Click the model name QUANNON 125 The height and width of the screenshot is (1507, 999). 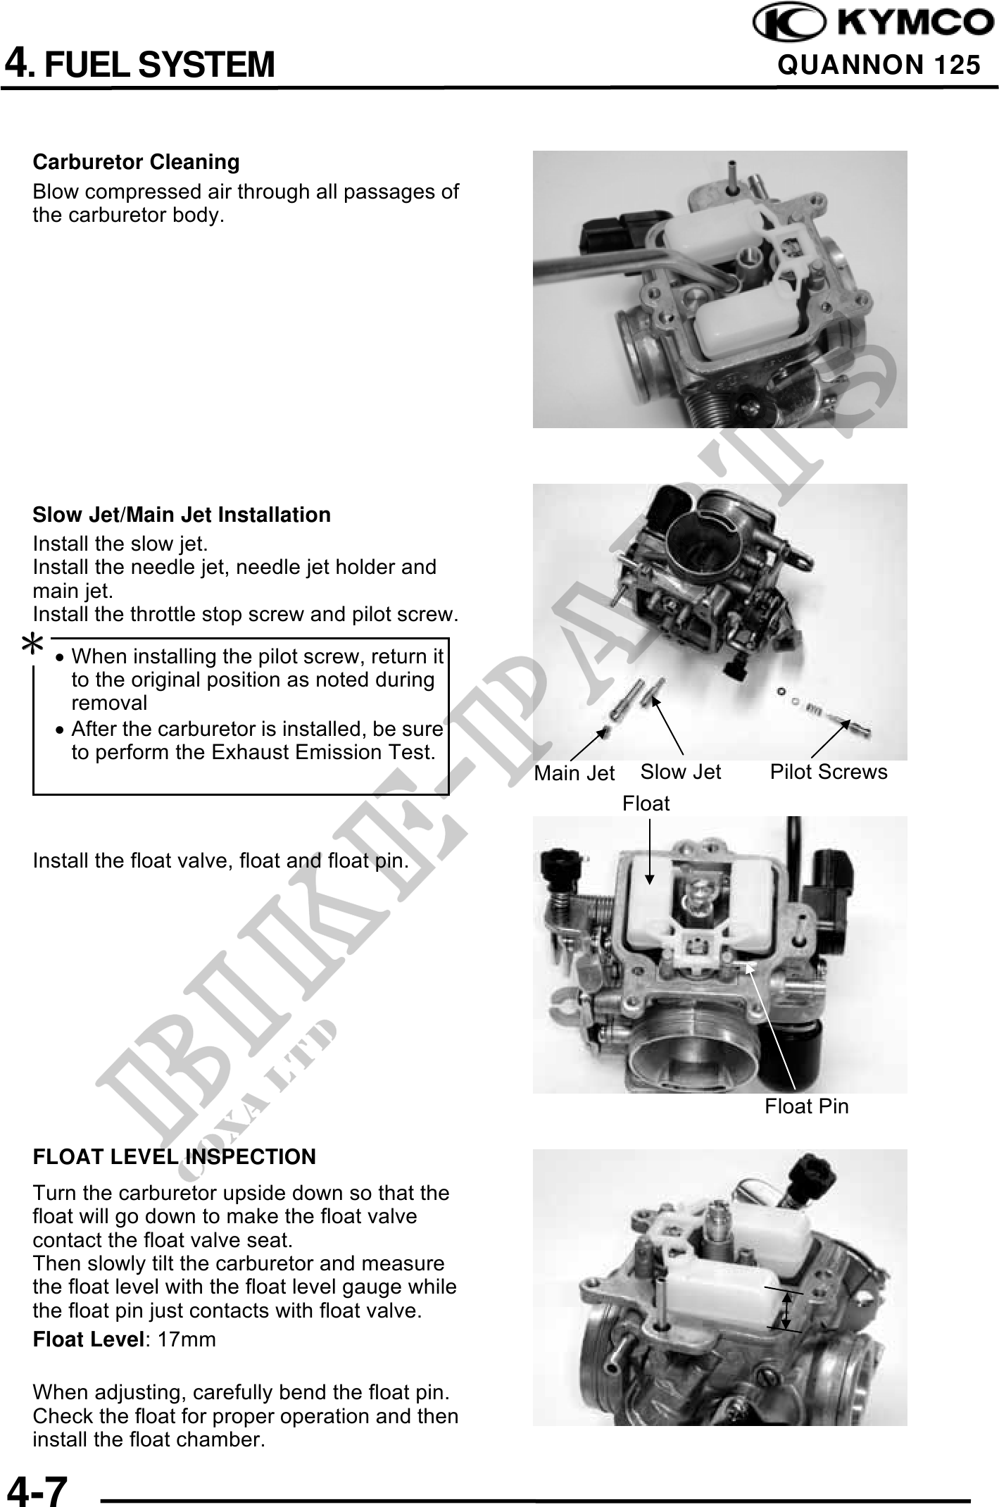pos(879,65)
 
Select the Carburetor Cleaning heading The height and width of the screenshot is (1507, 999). pos(137,162)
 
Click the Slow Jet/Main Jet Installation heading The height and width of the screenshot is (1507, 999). pos(182,515)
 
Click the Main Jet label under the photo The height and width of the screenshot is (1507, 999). pos(574,773)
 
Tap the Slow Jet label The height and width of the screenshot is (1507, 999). pos(681,772)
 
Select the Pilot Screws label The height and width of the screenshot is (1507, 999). pos(829,772)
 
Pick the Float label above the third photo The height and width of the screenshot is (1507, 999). pos(646,803)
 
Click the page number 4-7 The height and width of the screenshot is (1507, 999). pos(37,1486)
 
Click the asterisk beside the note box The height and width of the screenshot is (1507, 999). pos(33,644)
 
